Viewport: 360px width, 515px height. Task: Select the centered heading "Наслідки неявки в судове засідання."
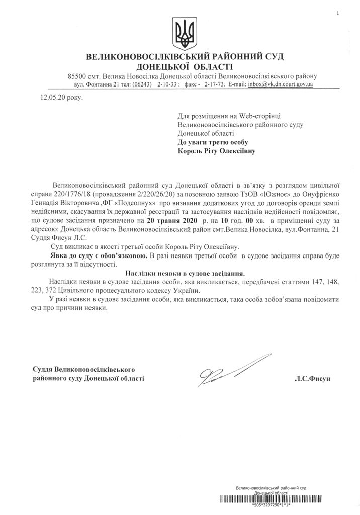pyautogui.click(x=179, y=273)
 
